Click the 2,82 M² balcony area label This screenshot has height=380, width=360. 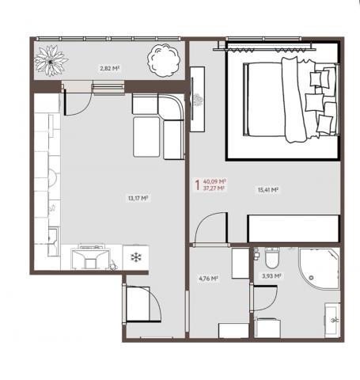[x=109, y=69]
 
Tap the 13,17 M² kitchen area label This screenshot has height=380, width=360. [x=138, y=198]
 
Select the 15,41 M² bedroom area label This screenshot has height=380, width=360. [x=268, y=190]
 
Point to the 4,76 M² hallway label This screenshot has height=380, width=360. [x=208, y=279]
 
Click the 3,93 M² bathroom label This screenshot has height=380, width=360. [x=271, y=276]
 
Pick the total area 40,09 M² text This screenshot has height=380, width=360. [x=215, y=182]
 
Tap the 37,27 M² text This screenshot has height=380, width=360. [x=214, y=188]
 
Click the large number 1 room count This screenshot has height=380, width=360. [x=197, y=185]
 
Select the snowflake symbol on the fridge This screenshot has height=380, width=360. [x=136, y=257]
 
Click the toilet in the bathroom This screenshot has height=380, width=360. [x=272, y=257]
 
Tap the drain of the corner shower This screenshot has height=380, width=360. [x=311, y=278]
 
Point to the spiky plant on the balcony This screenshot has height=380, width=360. [x=51, y=61]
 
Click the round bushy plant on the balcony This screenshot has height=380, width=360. [x=164, y=60]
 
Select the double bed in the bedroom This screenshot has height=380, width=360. [x=291, y=100]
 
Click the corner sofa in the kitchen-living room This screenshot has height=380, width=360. [x=158, y=126]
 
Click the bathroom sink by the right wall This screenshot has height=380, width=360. [x=332, y=320]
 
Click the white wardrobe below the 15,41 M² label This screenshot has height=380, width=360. [x=294, y=229]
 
